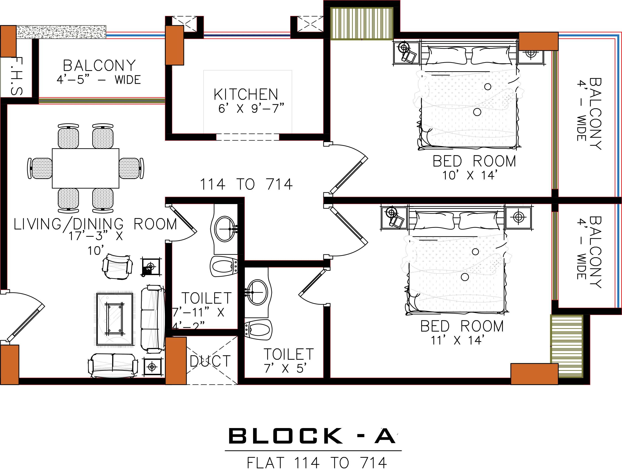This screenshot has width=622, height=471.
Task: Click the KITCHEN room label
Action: click(x=246, y=94)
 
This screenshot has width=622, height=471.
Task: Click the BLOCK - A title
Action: click(x=312, y=436)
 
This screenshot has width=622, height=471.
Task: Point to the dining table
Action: click(x=86, y=168)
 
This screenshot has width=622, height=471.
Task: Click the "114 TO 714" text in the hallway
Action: click(x=246, y=184)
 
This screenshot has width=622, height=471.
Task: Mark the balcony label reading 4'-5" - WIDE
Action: click(x=99, y=80)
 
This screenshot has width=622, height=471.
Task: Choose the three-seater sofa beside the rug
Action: click(x=152, y=319)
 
